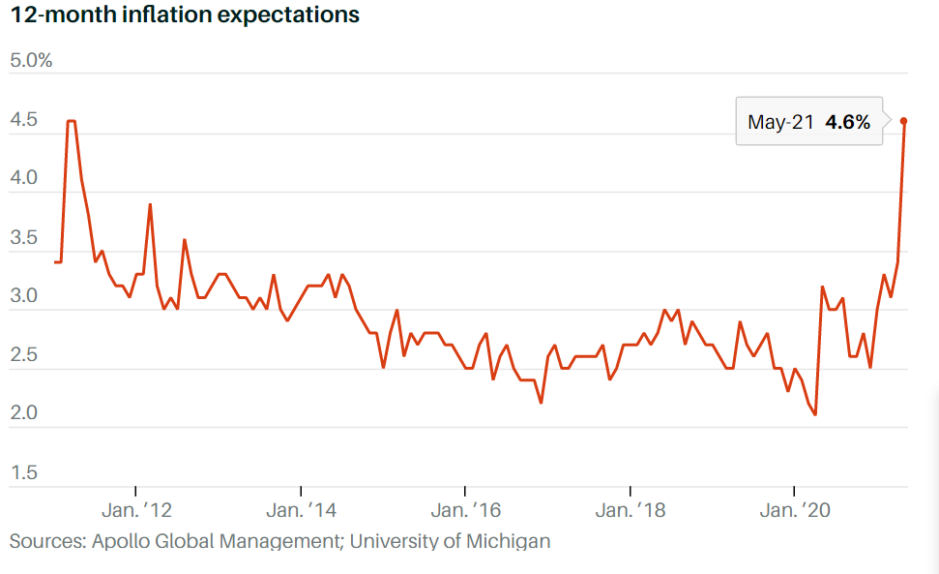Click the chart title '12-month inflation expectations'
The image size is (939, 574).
185,15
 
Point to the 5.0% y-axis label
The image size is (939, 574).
30,61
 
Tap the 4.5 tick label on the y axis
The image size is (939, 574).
23,121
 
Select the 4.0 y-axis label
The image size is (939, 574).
23,179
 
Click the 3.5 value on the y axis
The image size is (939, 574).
23,238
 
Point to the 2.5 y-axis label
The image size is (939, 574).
23,355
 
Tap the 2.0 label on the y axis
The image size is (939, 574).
23,414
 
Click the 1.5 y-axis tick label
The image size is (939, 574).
23,473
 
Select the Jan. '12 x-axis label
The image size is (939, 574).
136,510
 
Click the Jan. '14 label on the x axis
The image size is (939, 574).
301,510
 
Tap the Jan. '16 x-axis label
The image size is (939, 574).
465,510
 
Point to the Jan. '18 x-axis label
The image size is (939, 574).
630,510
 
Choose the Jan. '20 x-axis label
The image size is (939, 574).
794,510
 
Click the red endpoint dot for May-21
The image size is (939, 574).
903,121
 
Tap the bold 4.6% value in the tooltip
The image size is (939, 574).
847,122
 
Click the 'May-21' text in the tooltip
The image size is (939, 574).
780,122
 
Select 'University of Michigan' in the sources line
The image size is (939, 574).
450,540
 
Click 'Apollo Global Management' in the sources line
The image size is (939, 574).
215,540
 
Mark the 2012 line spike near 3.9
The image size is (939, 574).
150,205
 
